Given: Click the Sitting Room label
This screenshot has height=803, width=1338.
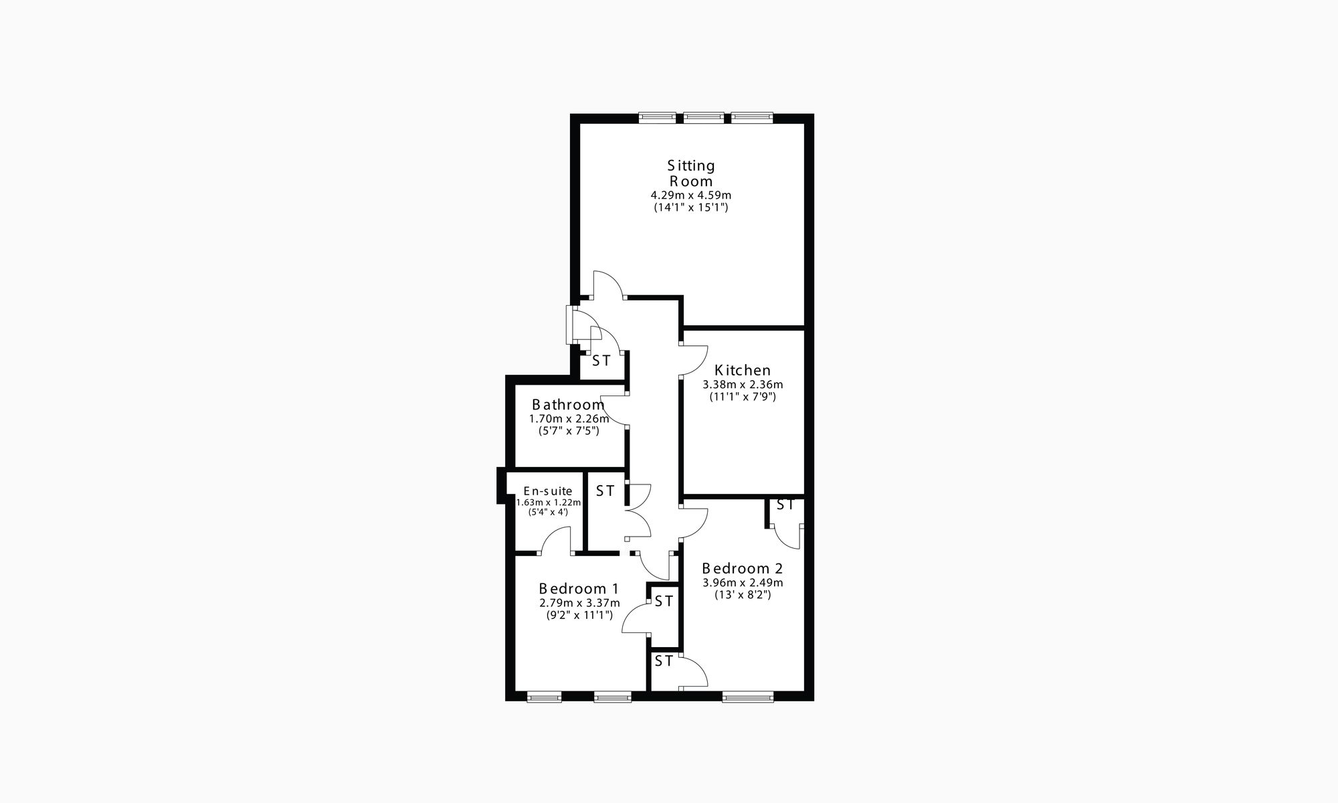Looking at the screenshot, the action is click(692, 173).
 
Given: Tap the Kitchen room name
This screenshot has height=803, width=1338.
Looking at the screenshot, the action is click(743, 370).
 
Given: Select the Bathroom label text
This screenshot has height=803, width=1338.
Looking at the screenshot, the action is click(568, 405).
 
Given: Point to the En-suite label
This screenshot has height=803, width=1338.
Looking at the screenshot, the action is click(548, 491).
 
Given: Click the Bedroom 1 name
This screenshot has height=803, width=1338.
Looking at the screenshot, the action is click(579, 589).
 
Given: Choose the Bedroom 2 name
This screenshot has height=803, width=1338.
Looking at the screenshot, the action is click(742, 568).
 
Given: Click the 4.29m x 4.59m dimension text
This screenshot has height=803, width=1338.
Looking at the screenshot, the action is click(691, 195).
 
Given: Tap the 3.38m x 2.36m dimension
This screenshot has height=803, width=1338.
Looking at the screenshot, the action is click(743, 385).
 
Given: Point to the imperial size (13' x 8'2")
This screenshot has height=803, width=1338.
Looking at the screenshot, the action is click(743, 594).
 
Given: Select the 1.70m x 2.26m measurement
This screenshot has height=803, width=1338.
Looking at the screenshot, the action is click(569, 419).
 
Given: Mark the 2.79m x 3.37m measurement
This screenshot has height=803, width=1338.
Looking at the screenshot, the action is click(579, 603).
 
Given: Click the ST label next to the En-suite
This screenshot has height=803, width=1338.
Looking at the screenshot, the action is click(605, 491).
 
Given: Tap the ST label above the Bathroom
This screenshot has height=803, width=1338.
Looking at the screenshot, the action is click(601, 361).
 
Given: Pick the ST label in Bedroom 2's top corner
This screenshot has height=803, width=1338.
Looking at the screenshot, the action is click(785, 505).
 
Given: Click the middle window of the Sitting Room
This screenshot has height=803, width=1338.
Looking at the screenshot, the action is click(704, 118).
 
